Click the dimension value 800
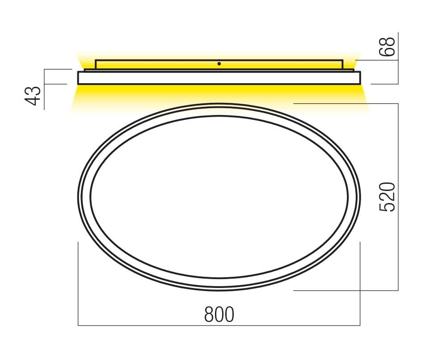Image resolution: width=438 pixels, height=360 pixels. (219, 314)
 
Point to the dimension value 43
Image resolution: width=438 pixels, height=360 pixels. (33, 96)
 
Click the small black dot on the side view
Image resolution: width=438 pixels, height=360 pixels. (219, 64)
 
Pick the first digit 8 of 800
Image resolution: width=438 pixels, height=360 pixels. (209, 314)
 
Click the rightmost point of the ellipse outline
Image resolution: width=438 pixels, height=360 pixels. (360, 197)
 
